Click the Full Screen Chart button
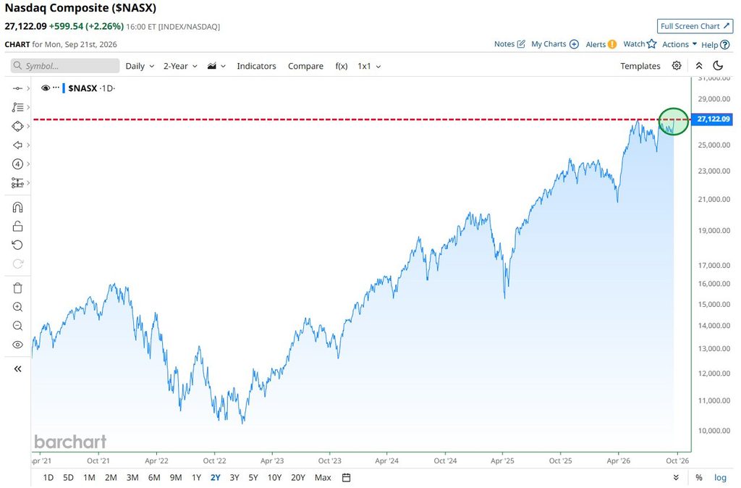[695, 26]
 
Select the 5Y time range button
[253, 478]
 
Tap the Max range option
[323, 478]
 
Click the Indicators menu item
[256, 66]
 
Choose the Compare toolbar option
[306, 66]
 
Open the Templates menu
[640, 66]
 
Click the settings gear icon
[677, 66]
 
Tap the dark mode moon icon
[718, 66]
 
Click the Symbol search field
[65, 66]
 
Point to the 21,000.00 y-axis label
[714, 199]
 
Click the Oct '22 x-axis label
[214, 460]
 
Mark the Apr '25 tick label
[502, 460]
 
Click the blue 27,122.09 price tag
[713, 119]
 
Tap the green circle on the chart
[674, 109]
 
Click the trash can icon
[17, 288]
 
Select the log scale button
[720, 478]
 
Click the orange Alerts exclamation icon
[612, 44]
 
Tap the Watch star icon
[652, 44]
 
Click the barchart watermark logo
[70, 442]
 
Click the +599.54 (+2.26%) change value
[87, 27]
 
